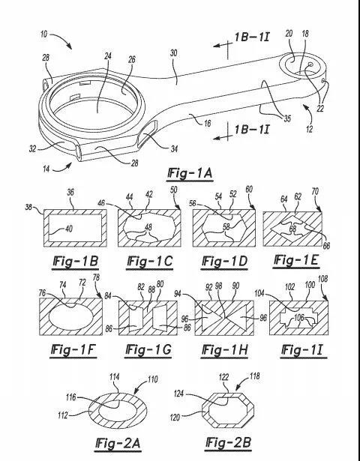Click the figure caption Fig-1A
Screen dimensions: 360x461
190,173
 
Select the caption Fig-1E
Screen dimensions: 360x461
296,261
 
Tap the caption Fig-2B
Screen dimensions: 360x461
229,443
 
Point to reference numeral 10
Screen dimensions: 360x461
43,34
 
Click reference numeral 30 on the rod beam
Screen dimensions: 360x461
173,53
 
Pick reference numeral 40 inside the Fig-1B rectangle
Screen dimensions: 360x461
68,229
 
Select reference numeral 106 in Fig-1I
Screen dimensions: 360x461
298,317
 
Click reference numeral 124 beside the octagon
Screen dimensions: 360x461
178,394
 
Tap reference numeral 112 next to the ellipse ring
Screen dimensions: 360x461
63,415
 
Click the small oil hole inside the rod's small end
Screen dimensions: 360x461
310,64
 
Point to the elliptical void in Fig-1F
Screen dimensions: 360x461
71,316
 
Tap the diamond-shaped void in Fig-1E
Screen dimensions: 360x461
292,228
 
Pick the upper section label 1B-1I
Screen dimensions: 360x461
252,37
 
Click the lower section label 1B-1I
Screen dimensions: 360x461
252,130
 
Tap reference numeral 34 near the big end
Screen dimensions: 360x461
174,148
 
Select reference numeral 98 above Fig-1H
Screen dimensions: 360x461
218,286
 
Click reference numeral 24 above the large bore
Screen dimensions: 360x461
108,55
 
